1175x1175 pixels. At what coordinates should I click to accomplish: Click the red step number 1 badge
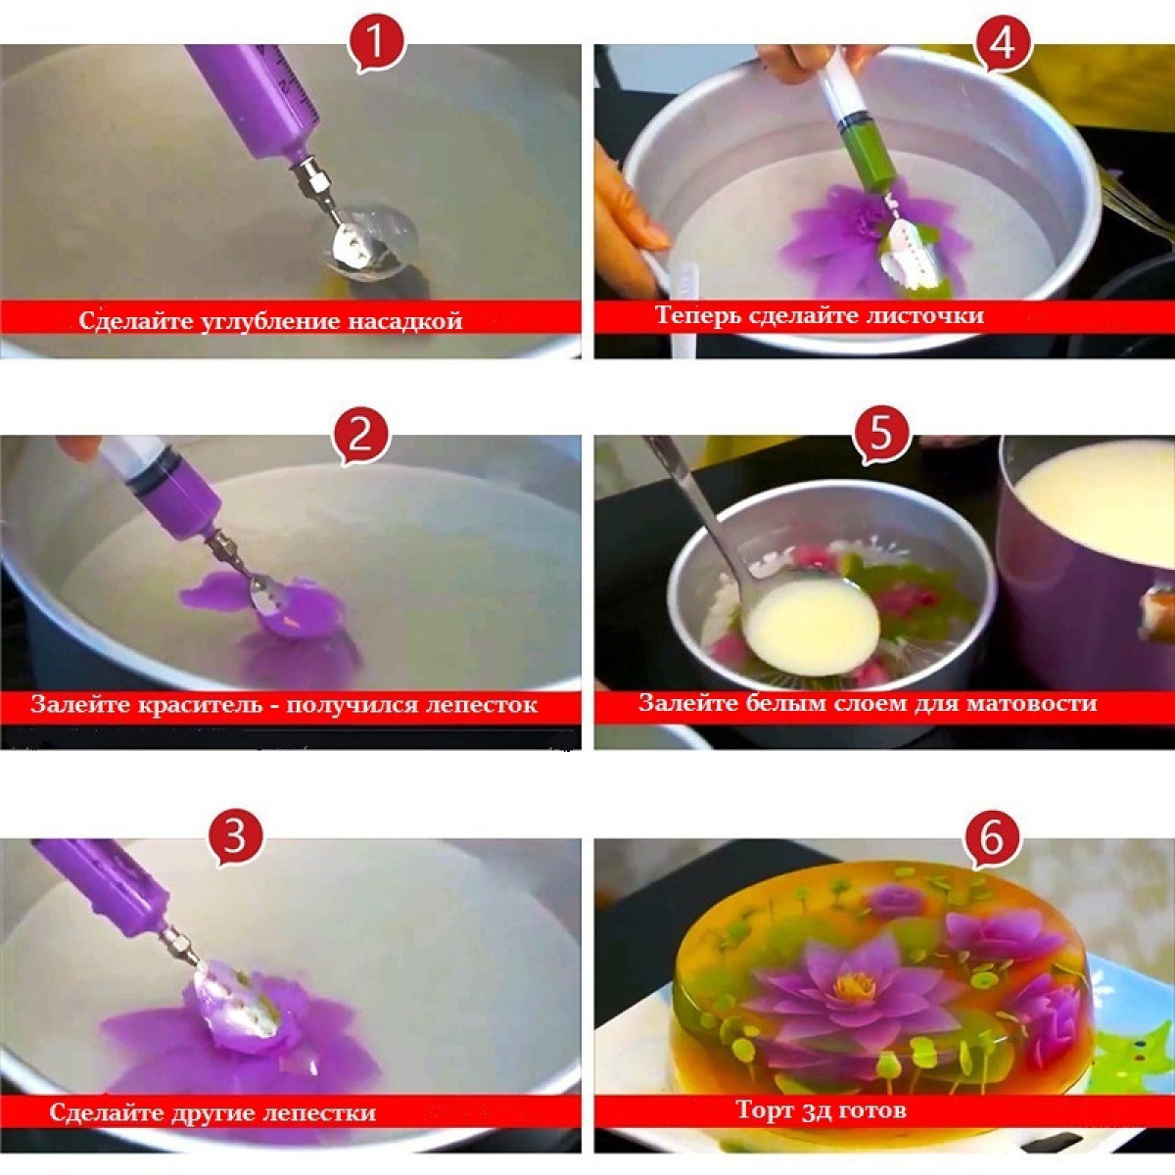pos(377,44)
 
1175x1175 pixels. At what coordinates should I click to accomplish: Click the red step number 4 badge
pos(1003,44)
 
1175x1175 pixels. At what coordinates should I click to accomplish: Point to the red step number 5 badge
pos(880,435)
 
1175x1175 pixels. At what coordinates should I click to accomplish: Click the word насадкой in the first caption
pos(404,320)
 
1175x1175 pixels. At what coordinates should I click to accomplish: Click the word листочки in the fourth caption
pos(926,315)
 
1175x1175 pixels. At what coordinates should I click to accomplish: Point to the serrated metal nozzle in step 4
pos(902,243)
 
